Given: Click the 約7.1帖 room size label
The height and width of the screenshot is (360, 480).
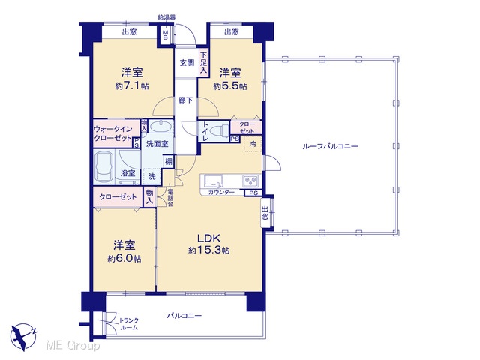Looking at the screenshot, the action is coord(132,86).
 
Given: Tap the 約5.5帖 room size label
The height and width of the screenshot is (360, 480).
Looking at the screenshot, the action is coord(230,86).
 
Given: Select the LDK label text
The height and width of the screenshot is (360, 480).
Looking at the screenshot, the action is coord(208,238).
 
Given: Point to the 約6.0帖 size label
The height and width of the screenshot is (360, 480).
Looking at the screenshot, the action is coord(124,259).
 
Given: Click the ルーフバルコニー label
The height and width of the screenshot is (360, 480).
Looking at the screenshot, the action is coord(330,146).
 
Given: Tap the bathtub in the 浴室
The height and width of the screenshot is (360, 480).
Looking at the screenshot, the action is coord(103,167).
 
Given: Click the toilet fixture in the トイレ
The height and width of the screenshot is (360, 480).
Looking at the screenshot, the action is coord(220,130).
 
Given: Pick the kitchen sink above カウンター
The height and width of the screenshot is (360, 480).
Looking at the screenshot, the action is coord(213,181).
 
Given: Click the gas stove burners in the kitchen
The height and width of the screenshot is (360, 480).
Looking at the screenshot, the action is coord(250,181).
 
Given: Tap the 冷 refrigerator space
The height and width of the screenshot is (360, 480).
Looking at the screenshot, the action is coord(253,144).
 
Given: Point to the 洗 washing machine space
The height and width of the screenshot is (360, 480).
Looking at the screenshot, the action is coord(152,177).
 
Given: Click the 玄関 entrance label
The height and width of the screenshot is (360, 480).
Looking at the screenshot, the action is coord(187,63).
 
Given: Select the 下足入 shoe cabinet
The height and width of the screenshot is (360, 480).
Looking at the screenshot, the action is coord(203,62).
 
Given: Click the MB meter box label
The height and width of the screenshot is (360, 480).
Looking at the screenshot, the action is coord(165,35).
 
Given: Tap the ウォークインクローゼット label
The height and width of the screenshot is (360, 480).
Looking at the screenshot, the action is coord(113,133).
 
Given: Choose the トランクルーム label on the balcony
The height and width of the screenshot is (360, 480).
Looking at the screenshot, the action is coord(128,324).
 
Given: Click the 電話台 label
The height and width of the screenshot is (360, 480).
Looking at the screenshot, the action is coord(170,197).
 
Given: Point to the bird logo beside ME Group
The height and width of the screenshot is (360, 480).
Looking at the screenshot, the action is coord(23,337).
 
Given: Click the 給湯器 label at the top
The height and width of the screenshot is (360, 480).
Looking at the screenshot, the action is coord(166,17).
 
